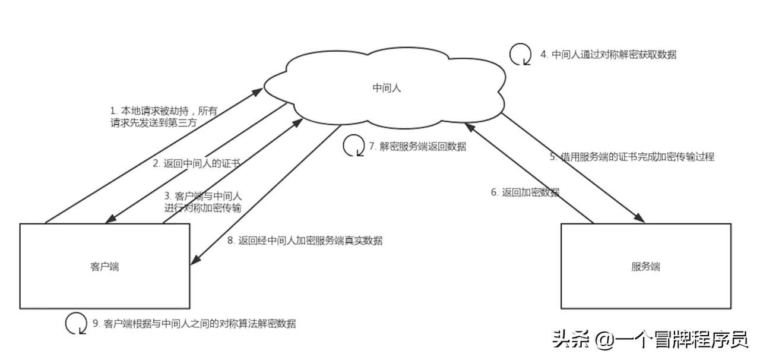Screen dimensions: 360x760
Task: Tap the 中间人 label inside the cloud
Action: coord(387,88)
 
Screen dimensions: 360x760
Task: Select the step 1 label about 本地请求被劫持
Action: coord(164,116)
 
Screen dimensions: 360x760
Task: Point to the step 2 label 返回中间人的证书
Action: coord(196,163)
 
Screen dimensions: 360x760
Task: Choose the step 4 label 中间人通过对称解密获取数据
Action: coord(608,55)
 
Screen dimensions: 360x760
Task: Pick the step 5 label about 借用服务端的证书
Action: coord(631,157)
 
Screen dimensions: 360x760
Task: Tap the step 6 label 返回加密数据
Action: coord(525,192)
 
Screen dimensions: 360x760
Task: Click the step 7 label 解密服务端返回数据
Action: coord(417,146)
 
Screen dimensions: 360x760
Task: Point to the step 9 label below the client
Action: coord(194,324)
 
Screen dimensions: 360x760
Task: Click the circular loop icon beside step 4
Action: coord(520,54)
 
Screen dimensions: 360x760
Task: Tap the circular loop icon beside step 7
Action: coord(353,146)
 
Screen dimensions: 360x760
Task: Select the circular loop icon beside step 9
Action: coord(75,323)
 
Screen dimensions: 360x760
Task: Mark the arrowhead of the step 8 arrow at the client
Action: coord(194,262)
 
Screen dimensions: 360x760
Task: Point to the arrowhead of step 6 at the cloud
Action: coord(468,127)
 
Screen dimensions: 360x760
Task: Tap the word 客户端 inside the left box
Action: coord(104,267)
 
